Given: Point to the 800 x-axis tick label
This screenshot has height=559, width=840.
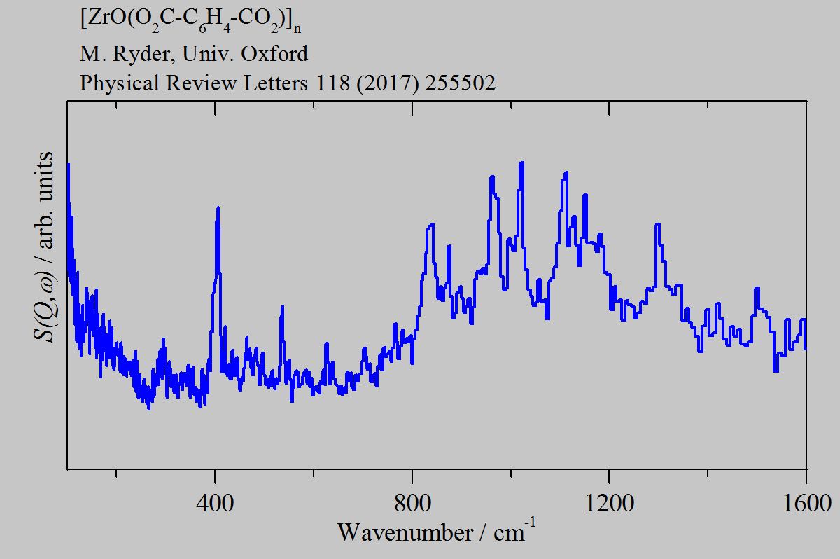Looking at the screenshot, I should pos(412,504).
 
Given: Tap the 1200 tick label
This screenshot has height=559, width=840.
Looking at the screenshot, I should pos(609,504).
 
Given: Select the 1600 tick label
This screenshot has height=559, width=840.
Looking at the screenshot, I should pos(806,504).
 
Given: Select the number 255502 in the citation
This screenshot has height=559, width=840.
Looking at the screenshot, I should pos(458,84).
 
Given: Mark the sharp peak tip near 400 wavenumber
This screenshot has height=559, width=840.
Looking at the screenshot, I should pos(218,208).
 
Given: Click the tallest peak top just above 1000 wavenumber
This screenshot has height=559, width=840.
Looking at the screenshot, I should pos(521,163).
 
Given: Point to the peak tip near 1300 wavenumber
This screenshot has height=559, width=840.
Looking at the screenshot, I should pos(657,225).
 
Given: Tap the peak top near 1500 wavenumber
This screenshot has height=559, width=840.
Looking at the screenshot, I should pos(757,289).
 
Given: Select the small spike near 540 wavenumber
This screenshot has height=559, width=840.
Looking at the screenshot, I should pos(282,307).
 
